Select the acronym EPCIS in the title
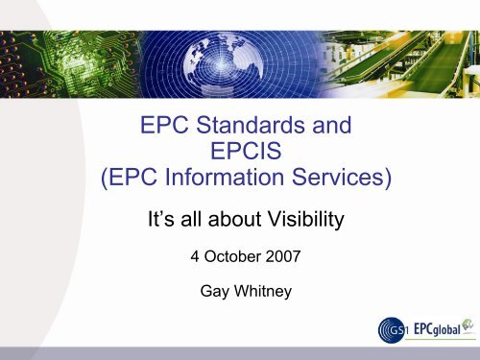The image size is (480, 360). [240, 152]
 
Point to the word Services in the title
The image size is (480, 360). [330, 180]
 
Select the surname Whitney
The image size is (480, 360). [254, 287]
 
